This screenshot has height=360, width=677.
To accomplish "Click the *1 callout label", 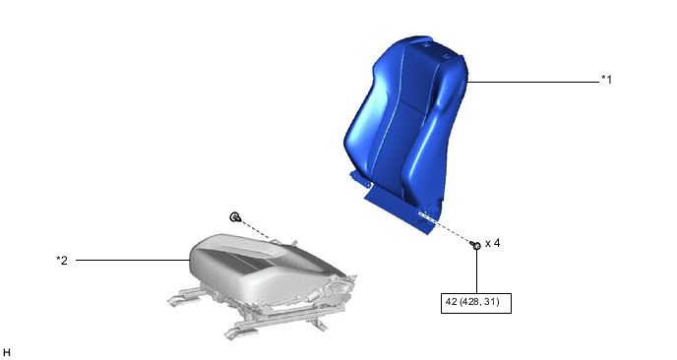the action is (606, 80).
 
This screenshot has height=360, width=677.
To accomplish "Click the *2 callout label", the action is (62, 261).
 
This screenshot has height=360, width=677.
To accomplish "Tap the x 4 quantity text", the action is (493, 244).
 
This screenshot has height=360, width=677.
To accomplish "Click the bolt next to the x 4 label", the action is (476, 245).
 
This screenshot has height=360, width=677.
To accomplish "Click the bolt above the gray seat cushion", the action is (235, 216).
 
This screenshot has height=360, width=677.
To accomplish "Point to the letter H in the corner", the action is (7, 353).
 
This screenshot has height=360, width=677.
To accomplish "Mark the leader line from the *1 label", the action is (533, 82).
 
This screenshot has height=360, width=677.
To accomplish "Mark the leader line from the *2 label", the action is (133, 260).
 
